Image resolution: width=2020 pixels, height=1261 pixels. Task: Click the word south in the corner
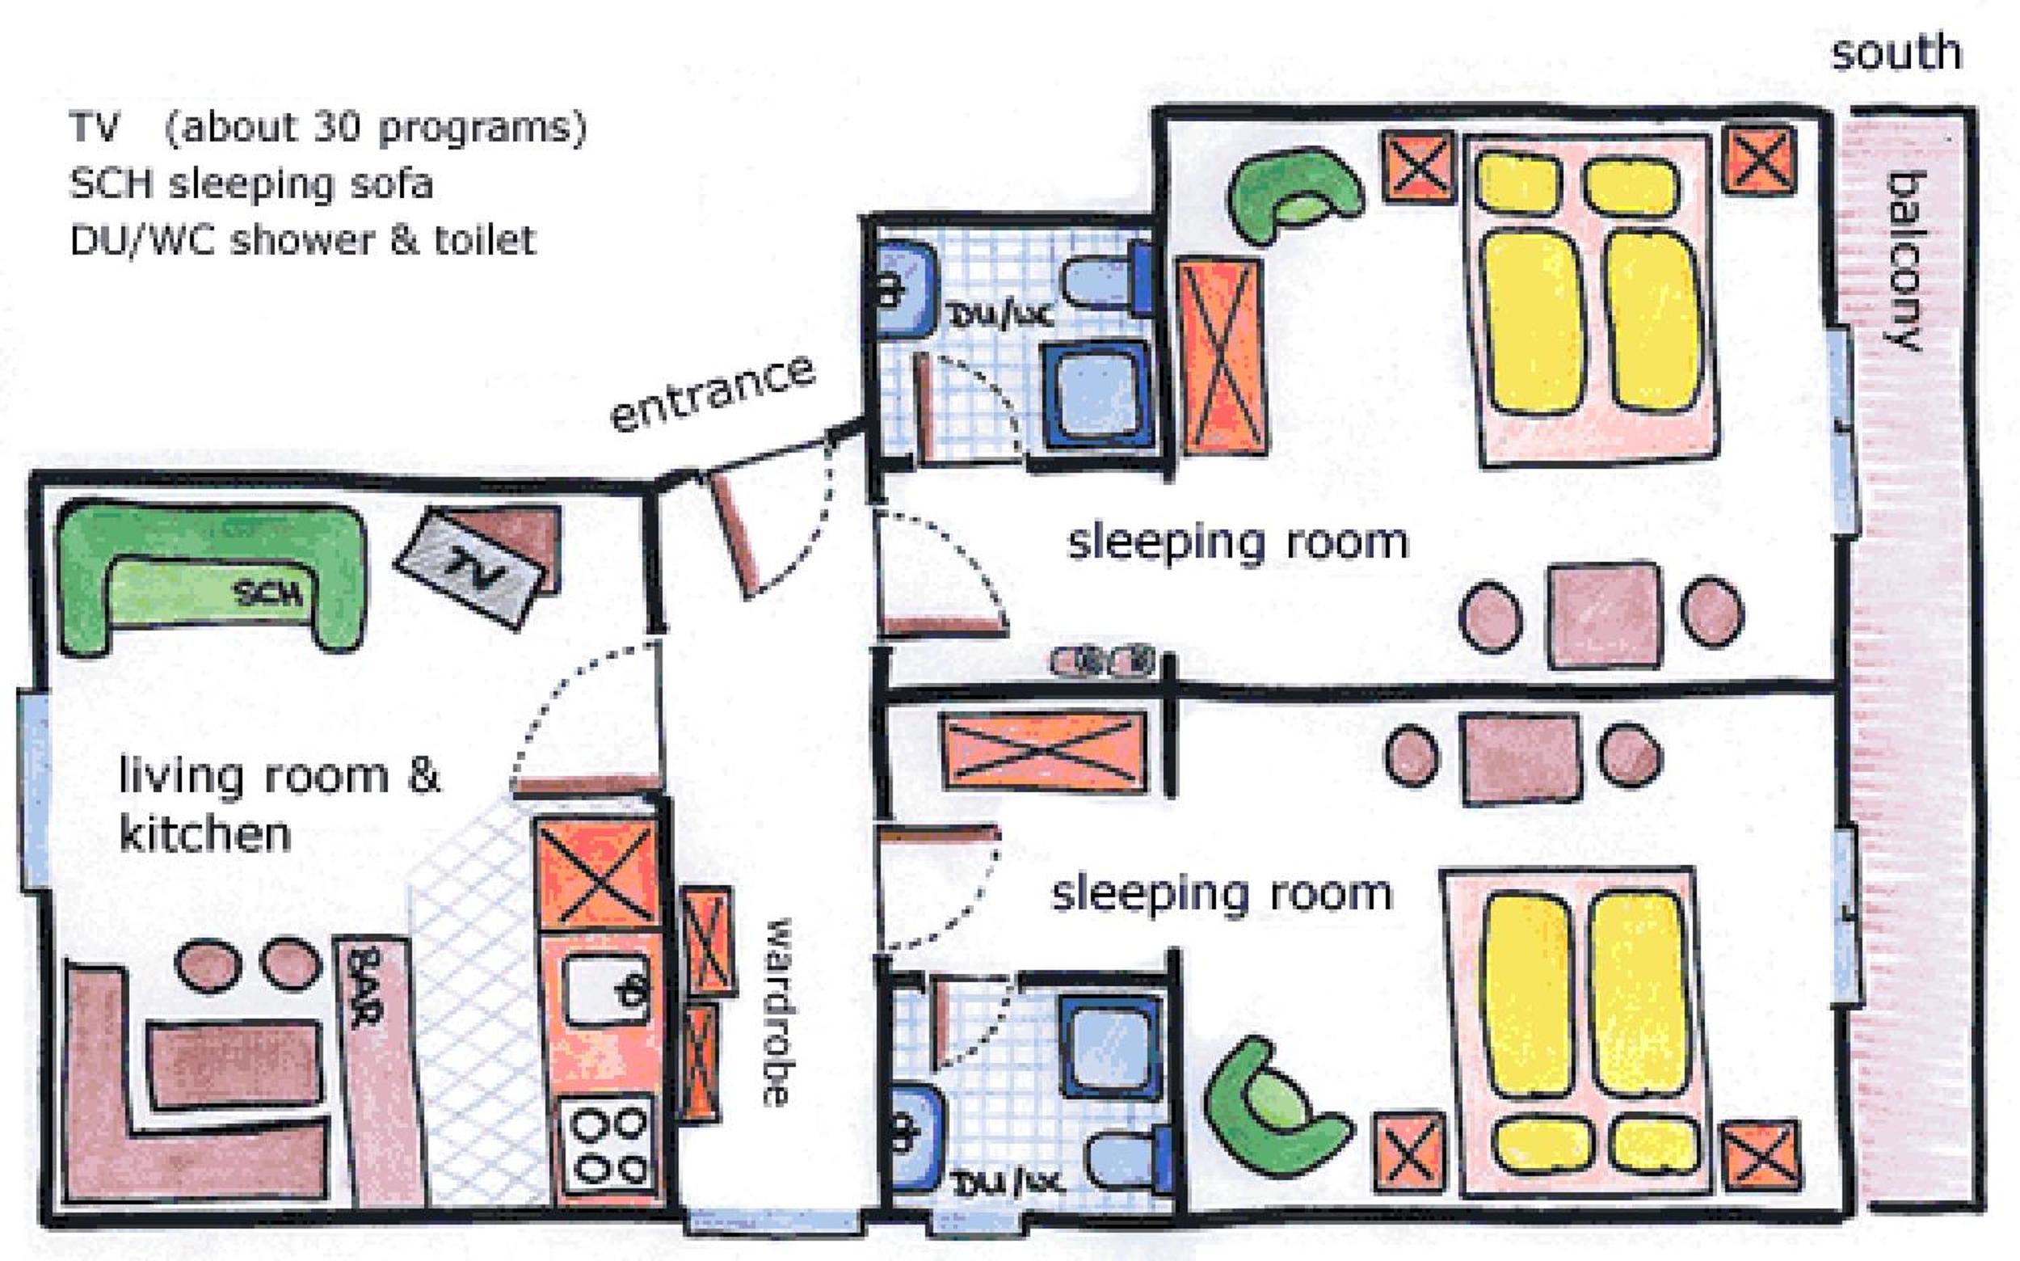pyautogui.click(x=1896, y=53)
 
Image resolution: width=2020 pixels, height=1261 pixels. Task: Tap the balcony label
pyautogui.click(x=1904, y=261)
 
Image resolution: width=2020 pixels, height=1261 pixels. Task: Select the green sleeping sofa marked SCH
pyautogui.click(x=212, y=576)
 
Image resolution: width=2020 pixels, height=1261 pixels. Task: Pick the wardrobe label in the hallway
pyautogui.click(x=776, y=1013)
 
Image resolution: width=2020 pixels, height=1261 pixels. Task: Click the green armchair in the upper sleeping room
pyautogui.click(x=1294, y=194)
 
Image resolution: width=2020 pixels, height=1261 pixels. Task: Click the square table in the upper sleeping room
pyautogui.click(x=1604, y=615)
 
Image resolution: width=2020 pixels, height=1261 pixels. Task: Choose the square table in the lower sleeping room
pyautogui.click(x=1521, y=757)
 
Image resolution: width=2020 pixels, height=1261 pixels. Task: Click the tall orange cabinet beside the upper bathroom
pyautogui.click(x=1223, y=356)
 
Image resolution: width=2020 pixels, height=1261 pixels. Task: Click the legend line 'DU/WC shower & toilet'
pyautogui.click(x=303, y=239)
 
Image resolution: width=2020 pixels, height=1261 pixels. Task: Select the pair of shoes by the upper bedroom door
pyautogui.click(x=1105, y=660)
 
